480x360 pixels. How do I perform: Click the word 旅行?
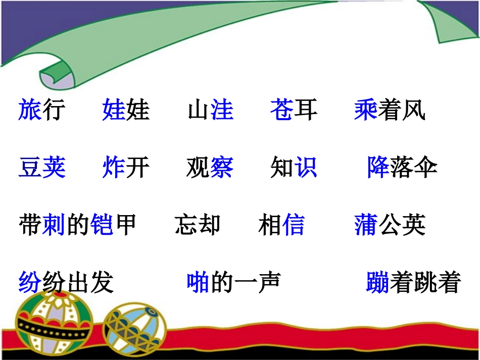tap(42, 110)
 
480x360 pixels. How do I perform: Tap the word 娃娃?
tap(126, 110)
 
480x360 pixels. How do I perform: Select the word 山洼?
tap(211, 110)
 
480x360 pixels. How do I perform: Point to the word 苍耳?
tap(294, 110)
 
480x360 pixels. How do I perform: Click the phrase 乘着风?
tap(390, 110)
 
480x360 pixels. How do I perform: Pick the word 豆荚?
tap(42, 168)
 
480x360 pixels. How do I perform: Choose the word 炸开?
tap(126, 168)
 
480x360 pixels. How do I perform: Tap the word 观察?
tap(210, 168)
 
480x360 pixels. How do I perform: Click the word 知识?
tap(294, 168)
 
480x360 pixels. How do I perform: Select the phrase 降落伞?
tap(402, 168)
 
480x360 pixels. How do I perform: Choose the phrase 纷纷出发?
tap(66, 283)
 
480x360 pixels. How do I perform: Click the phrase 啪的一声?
tap(233, 283)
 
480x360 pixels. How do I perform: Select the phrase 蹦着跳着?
tap(413, 283)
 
